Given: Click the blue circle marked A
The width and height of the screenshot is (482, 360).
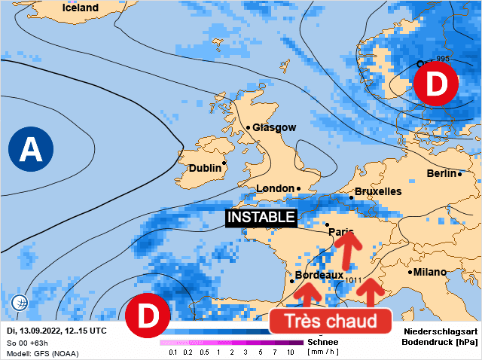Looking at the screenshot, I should [31, 149].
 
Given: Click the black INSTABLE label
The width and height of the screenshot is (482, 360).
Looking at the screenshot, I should [261, 217].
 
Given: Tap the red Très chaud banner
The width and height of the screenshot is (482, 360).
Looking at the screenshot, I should [330, 322].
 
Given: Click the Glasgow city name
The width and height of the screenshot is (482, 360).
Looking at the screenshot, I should [274, 128].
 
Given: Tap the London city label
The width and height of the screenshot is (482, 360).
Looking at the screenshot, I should [274, 189].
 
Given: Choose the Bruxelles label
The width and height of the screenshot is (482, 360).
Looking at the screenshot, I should [377, 192].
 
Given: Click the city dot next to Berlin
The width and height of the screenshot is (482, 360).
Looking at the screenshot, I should [460, 174].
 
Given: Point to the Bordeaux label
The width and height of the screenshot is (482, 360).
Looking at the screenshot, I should [319, 276].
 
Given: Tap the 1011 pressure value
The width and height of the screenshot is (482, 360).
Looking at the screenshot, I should [354, 281].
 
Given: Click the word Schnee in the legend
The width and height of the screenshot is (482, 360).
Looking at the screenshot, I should [322, 342].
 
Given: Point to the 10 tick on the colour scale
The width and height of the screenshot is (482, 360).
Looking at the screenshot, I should [290, 352].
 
